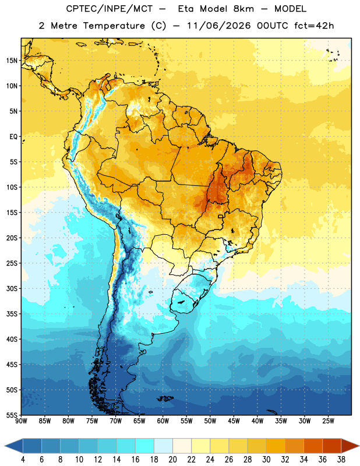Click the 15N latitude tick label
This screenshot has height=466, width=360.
(12, 61)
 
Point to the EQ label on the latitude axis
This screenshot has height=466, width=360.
(13, 137)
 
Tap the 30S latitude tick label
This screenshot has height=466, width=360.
(12, 288)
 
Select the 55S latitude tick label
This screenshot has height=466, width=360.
(12, 415)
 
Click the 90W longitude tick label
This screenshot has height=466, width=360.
(22, 421)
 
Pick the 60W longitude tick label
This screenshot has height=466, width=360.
(163, 421)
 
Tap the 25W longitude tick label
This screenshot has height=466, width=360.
(328, 421)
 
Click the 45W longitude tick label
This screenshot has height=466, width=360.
(234, 421)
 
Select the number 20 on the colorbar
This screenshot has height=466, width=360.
(172, 460)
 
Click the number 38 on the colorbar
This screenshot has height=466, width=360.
(341, 460)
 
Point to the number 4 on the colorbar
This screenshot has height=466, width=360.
(23, 460)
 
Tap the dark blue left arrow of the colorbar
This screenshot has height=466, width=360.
(13, 446)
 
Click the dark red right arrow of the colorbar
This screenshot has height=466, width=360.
(351, 446)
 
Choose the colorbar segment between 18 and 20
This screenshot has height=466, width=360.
(163, 446)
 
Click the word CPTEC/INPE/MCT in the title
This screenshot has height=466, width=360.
(109, 9)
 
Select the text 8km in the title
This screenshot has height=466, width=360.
(243, 9)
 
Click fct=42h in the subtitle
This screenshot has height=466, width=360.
(314, 26)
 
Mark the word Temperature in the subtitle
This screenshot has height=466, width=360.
(114, 26)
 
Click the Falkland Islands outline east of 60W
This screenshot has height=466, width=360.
(165, 398)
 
